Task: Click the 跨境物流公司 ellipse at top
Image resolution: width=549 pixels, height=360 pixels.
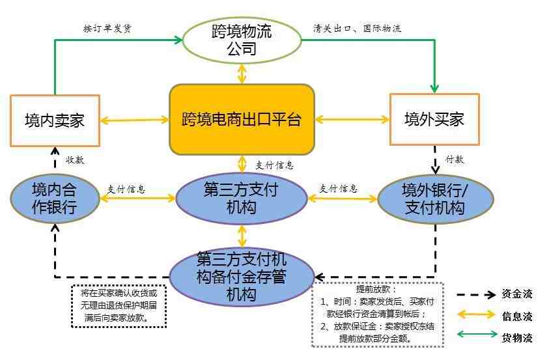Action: (242, 40)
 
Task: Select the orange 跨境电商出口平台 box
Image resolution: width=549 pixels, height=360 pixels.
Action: (242, 119)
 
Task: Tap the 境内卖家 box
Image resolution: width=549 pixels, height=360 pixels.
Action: (55, 120)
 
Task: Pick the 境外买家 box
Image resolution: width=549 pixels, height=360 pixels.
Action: (434, 119)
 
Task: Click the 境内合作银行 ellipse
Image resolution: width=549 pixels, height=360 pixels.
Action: (55, 199)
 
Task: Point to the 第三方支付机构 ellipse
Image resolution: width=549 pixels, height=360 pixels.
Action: (241, 199)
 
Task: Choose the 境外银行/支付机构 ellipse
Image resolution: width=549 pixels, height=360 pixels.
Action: (435, 199)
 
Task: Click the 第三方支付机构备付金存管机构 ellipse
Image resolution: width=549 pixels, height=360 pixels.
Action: (242, 277)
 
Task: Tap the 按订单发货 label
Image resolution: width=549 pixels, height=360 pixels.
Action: (107, 29)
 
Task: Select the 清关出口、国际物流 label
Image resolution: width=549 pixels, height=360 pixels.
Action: (357, 29)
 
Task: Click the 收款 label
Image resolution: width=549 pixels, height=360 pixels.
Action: (75, 160)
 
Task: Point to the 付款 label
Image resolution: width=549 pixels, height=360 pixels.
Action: (455, 159)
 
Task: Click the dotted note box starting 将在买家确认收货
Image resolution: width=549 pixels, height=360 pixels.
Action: (119, 306)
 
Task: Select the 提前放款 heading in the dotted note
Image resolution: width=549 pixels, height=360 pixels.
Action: (376, 289)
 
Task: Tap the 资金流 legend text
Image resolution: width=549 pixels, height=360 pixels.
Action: (517, 294)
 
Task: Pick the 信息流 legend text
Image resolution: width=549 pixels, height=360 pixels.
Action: (517, 316)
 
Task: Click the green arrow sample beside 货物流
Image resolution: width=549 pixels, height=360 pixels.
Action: (477, 334)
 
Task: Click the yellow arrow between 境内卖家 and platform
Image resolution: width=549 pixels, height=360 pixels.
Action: (135, 120)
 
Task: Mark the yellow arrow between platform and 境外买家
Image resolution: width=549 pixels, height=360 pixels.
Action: (352, 120)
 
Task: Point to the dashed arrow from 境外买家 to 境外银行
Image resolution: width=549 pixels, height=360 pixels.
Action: (435, 160)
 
